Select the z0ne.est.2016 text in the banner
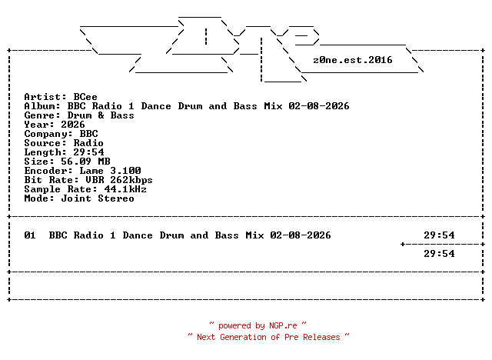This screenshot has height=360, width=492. (353, 59)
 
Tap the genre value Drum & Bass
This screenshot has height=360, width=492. (101, 115)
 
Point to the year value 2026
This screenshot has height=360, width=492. (73, 125)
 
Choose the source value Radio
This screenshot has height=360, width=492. (88, 143)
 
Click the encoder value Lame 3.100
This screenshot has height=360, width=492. (107, 171)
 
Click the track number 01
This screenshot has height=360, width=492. (30, 235)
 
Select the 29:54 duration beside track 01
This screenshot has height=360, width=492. (439, 235)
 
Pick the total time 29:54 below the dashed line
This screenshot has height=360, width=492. (439, 254)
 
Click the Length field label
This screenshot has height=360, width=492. (42, 152)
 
